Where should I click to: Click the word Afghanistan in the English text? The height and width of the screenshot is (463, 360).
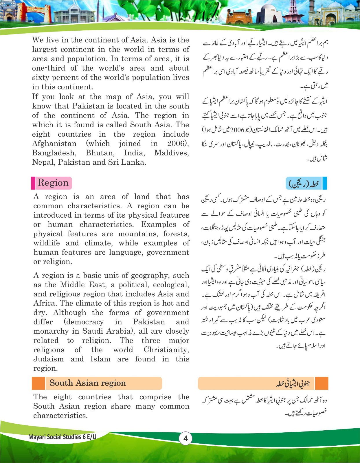pos(54,144)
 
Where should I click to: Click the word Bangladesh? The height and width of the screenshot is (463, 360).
pos(54,153)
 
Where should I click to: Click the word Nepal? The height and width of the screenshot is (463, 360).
pos(43,162)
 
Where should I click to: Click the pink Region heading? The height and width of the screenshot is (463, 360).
pos(53,183)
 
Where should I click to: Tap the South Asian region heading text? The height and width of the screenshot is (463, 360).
pos(87,383)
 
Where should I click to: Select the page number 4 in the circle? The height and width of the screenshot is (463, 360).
pos(185,438)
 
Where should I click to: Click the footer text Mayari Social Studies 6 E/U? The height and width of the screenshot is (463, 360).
pos(62,437)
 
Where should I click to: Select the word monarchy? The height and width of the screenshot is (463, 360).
pos(51,331)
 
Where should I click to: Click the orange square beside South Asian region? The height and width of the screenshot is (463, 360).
pos(38,383)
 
